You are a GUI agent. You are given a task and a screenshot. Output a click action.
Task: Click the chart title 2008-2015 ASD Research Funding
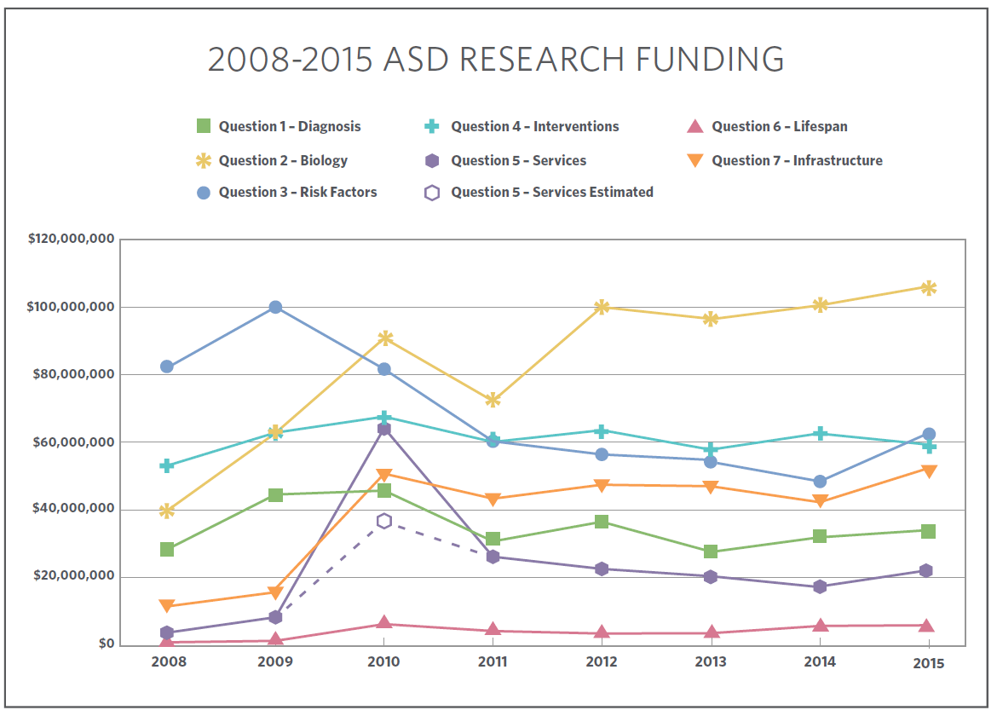pos(496,60)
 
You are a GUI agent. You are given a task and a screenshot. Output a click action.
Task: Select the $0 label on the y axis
pos(106,644)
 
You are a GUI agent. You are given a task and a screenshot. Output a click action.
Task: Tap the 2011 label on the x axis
pos(493,661)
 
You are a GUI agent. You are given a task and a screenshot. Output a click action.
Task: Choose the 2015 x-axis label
pos(928,663)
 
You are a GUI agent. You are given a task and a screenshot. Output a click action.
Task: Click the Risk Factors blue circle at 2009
pos(275,307)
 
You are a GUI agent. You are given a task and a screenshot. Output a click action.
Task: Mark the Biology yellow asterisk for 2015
pos(928,287)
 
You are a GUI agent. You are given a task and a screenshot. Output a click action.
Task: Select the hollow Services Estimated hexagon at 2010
pos(384,521)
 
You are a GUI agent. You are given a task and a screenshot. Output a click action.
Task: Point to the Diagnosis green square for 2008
pos(167,549)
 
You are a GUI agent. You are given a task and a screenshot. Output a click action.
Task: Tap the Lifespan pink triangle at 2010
pos(384,623)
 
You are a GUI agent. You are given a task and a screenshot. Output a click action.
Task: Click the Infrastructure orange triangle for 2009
pos(275,592)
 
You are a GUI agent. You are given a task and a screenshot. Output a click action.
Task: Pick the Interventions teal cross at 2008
pos(167,465)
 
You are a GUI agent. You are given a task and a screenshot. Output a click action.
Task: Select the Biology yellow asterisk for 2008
pos(167,511)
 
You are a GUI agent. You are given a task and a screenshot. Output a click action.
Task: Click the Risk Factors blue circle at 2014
pos(820,482)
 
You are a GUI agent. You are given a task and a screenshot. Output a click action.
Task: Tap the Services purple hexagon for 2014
pos(820,586)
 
